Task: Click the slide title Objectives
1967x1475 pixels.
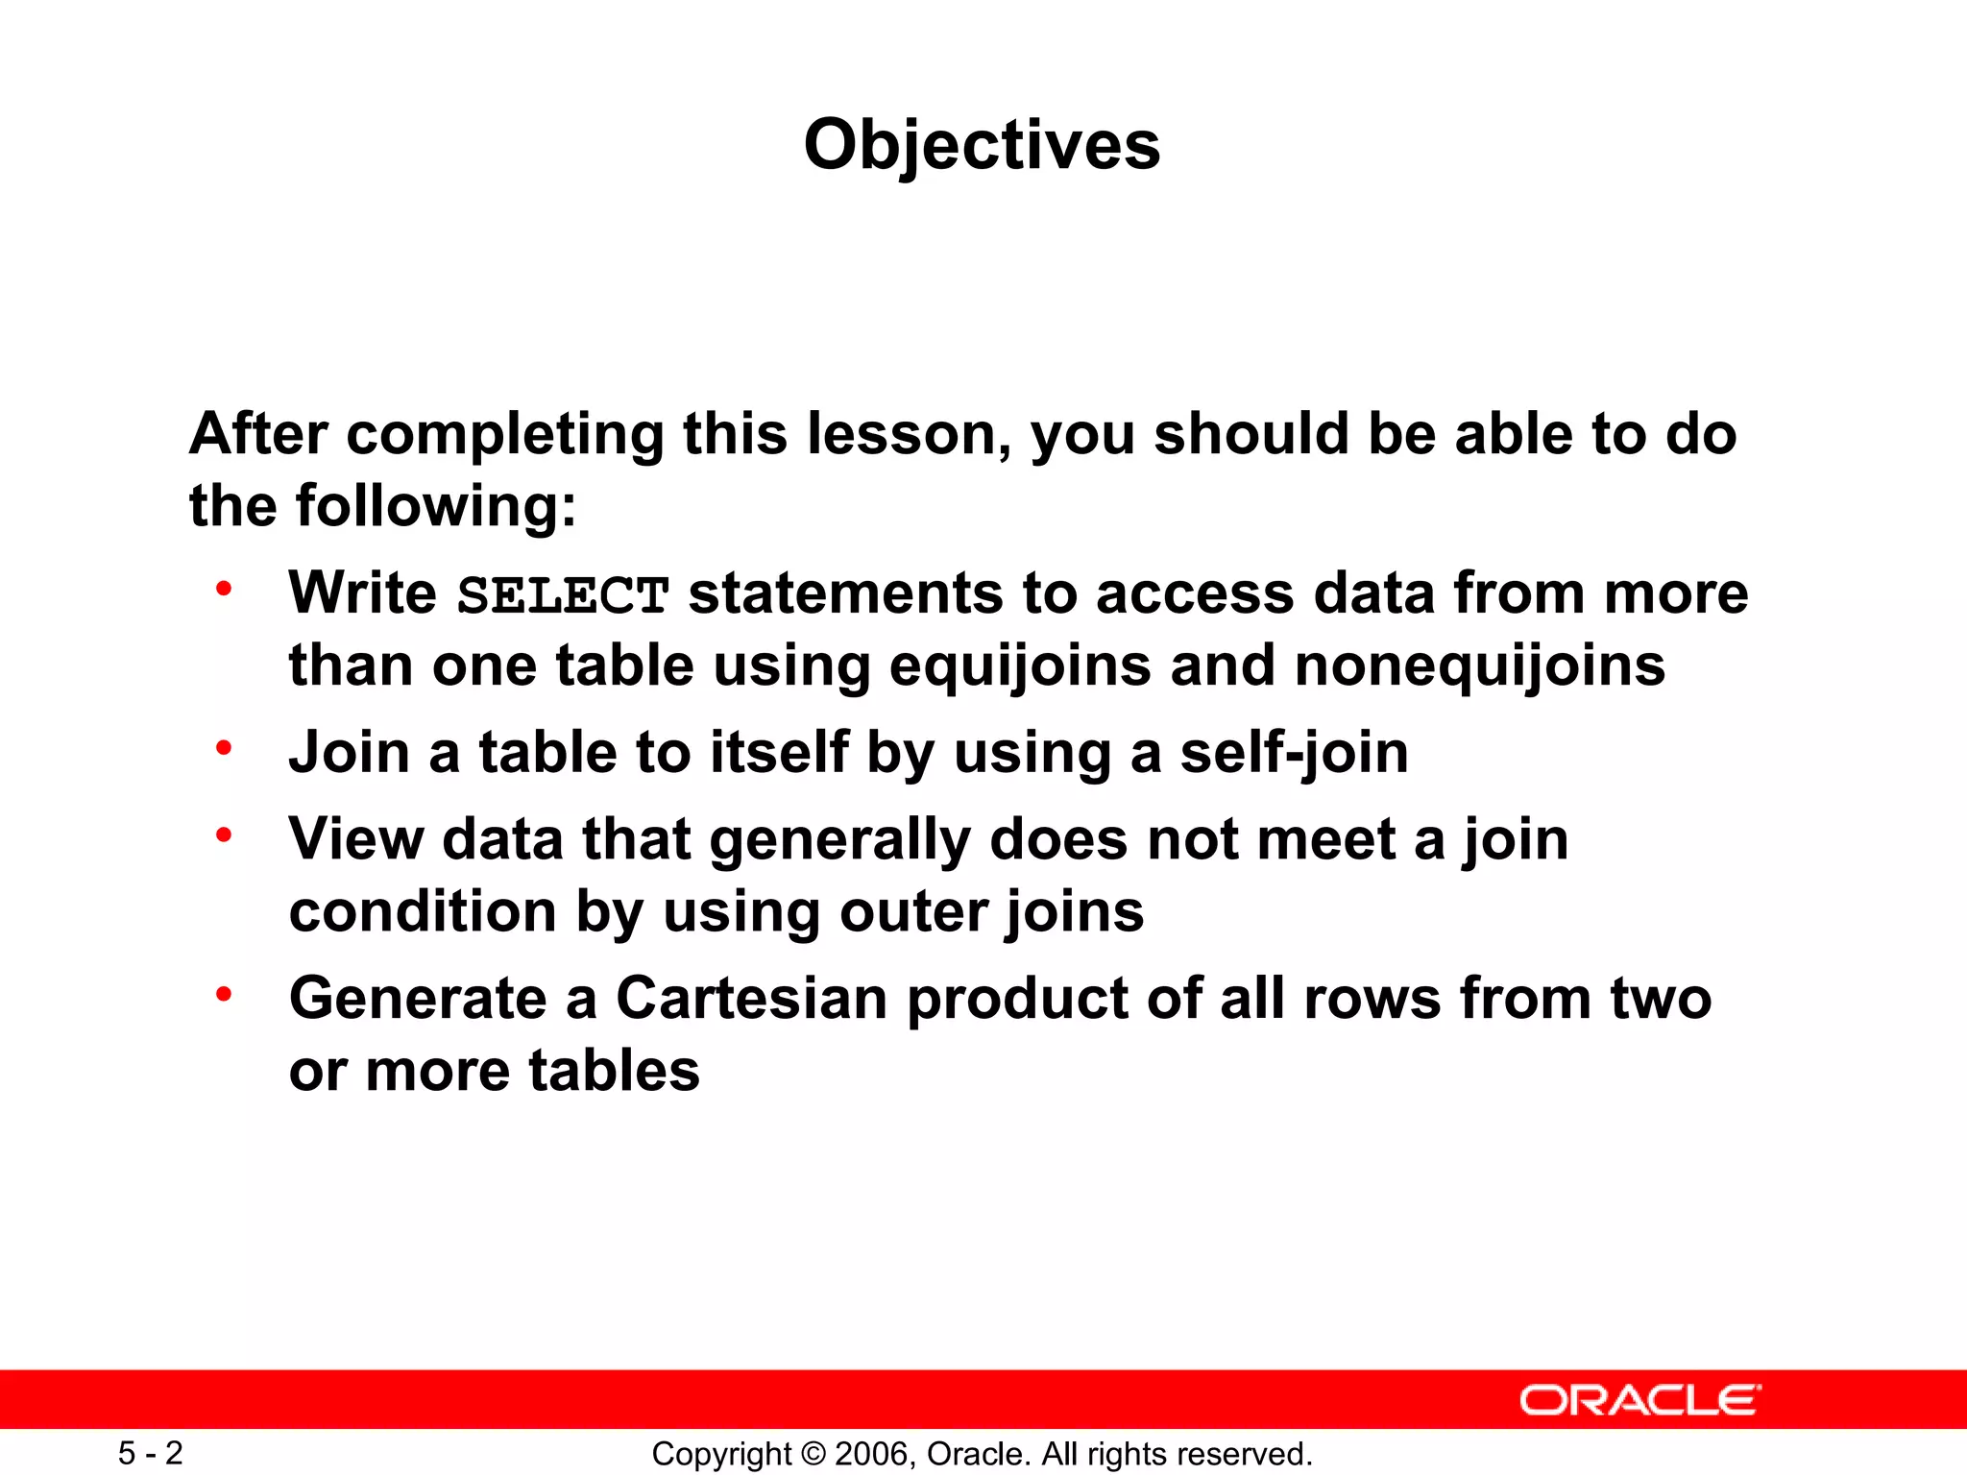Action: [982, 146]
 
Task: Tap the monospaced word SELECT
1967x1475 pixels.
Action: [563, 595]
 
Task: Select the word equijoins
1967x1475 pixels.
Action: [1020, 666]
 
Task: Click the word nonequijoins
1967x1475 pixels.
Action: [1479, 666]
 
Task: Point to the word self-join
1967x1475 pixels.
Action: [1294, 752]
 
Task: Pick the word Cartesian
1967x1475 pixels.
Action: [751, 999]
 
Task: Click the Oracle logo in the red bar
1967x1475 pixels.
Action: [1639, 1400]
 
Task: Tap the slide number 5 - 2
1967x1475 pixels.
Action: [151, 1453]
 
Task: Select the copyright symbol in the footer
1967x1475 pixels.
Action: [814, 1454]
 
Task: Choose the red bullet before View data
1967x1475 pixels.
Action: [224, 834]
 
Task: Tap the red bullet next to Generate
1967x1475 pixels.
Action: [224, 993]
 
